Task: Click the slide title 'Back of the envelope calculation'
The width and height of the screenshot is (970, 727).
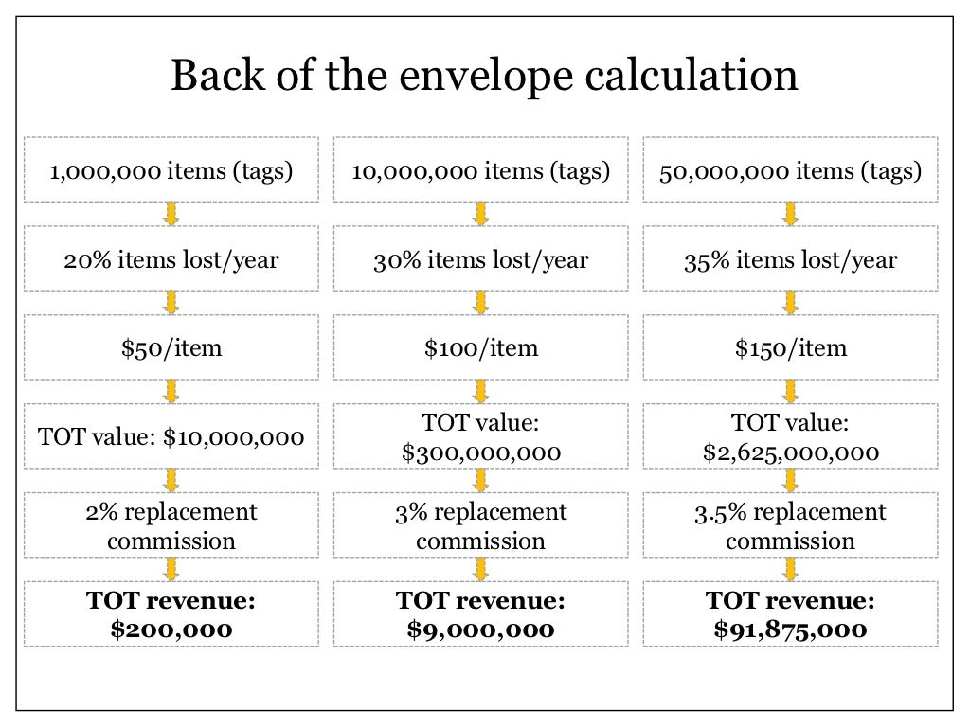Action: point(484,77)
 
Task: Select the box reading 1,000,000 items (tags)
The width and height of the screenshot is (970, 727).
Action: point(171,171)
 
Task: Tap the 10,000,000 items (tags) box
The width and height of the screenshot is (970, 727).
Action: point(480,171)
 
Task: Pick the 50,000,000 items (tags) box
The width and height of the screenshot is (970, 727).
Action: point(790,171)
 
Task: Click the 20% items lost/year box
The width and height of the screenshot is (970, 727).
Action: point(171,259)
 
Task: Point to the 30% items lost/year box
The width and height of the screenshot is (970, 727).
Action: point(480,259)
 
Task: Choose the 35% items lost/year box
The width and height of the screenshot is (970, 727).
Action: point(790,259)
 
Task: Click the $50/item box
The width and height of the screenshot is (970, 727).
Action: point(171,347)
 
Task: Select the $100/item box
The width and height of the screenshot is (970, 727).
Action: point(480,347)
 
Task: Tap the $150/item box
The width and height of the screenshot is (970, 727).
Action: point(790,347)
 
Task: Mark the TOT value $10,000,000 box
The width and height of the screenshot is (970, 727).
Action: point(171,436)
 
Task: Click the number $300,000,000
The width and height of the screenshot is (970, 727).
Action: point(480,452)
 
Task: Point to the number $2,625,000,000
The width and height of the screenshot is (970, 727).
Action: point(790,452)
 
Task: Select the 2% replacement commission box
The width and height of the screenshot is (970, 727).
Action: point(171,526)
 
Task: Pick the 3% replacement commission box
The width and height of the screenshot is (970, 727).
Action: point(480,526)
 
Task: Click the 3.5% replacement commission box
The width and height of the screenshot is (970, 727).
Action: point(790,526)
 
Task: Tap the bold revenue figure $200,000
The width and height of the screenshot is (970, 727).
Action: point(171,629)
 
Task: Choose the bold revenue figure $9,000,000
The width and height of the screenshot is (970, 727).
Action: point(480,629)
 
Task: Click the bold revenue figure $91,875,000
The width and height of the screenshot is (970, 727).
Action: point(790,629)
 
